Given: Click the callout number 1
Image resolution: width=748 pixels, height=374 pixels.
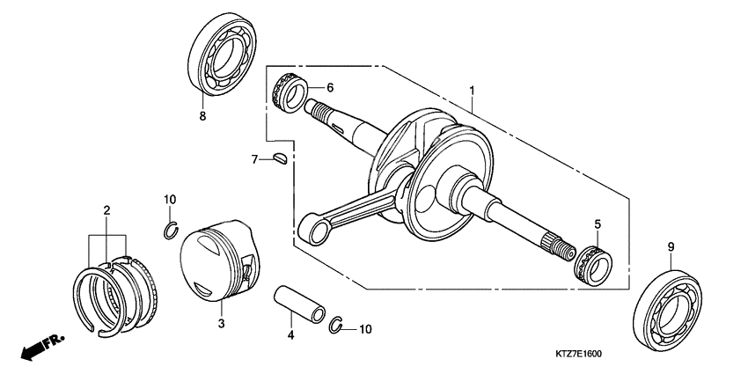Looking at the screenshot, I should pos(473,91).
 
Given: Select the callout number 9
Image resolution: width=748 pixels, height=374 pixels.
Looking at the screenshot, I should pos(671,248).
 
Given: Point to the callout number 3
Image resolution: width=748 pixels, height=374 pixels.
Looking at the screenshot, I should pos(221,325).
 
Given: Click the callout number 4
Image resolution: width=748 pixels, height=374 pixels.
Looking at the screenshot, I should pos(290,335).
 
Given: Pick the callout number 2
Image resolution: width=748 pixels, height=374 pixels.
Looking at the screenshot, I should pos(106,210).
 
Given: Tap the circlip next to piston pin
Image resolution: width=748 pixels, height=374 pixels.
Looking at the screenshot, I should pos(336,325).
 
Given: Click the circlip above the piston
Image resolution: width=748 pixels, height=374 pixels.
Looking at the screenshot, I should pos(171,231).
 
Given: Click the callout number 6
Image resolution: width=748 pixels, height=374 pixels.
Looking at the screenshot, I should pos(331,88).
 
